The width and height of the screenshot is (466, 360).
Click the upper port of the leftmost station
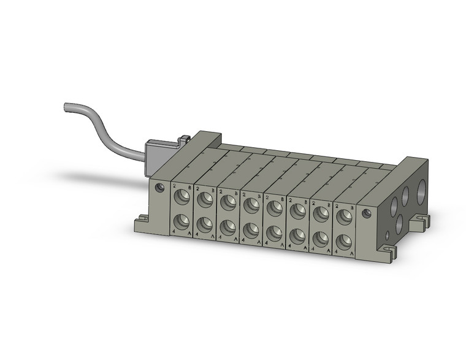tap(182, 196)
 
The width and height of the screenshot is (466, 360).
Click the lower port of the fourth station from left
tap(251, 230)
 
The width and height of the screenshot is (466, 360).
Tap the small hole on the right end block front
tap(366, 213)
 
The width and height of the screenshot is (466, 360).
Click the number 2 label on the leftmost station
tap(175, 185)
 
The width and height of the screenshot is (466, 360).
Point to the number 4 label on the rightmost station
tap(336, 253)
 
